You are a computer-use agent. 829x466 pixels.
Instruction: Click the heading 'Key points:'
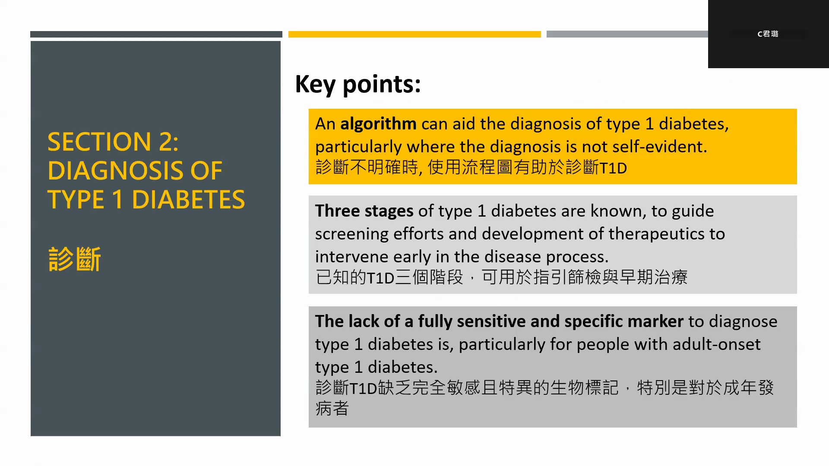[x=358, y=84]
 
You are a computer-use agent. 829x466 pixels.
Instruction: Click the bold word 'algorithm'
[x=378, y=124]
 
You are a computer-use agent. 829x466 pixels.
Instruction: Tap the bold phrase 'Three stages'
[x=364, y=211]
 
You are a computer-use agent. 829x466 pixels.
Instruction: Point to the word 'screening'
[x=351, y=234]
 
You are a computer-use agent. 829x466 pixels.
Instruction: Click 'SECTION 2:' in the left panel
[x=113, y=142]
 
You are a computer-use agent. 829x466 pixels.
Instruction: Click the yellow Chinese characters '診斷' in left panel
[x=74, y=259]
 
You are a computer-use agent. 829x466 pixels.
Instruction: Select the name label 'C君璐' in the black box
[x=768, y=34]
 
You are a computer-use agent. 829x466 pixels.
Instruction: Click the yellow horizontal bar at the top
[x=414, y=34]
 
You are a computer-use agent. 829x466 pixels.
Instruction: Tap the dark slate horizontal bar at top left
[x=156, y=34]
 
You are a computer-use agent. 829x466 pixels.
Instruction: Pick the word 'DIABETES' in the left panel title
[x=188, y=200]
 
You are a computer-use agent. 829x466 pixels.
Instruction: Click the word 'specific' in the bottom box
[x=593, y=321]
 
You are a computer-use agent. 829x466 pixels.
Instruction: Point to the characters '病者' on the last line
[x=332, y=408]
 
